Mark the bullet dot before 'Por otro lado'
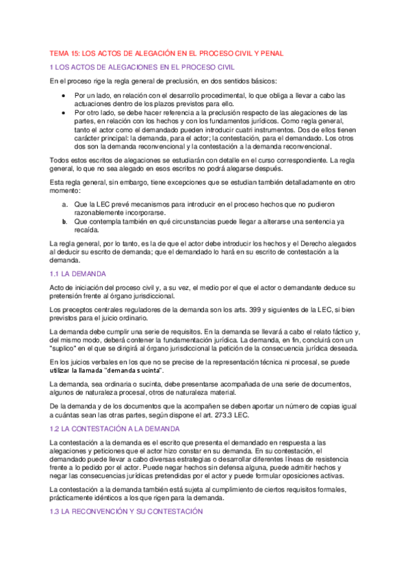tap(63, 112)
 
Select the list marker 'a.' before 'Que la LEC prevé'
tap(64, 203)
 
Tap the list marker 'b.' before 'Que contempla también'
tap(64, 222)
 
